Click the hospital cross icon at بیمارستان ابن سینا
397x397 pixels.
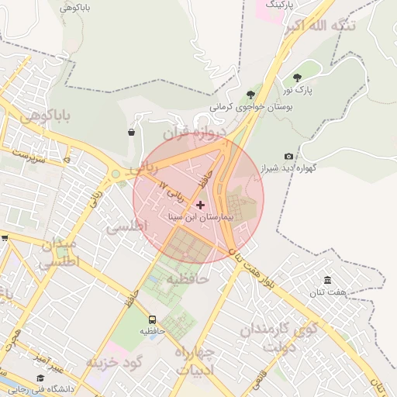point(202,205)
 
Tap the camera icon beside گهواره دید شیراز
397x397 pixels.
point(289,157)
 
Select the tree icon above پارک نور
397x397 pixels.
point(297,77)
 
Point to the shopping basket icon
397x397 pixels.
point(131,132)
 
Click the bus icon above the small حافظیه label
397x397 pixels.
point(152,319)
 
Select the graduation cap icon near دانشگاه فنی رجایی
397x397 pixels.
point(40,378)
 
